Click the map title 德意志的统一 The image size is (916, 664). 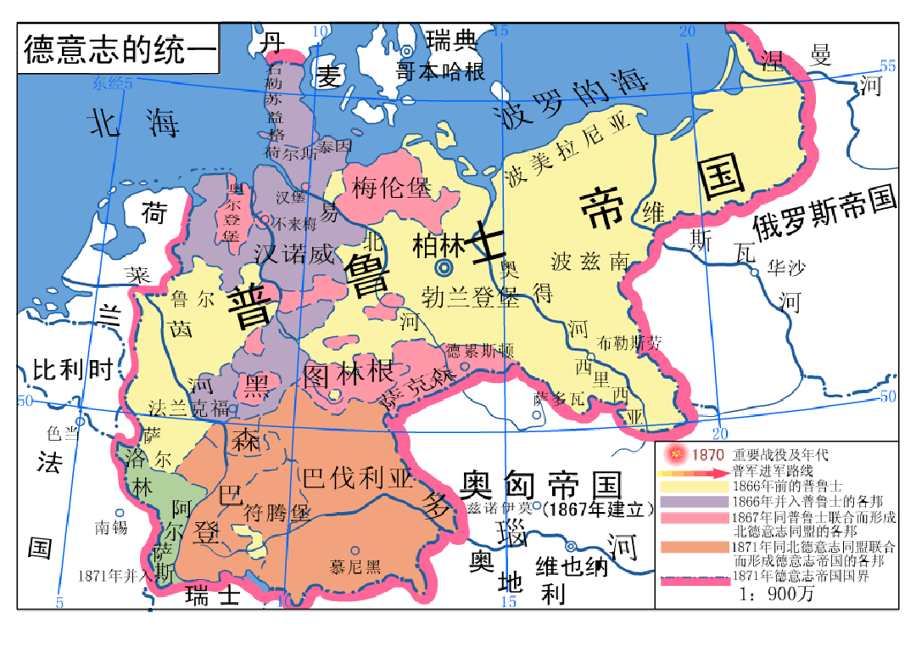pyautogui.click(x=120, y=49)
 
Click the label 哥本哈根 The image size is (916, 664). pyautogui.click(x=441, y=71)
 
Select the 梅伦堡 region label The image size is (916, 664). pyautogui.click(x=392, y=187)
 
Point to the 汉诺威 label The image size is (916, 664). pyautogui.click(x=295, y=252)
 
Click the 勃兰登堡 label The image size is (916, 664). pyautogui.click(x=470, y=296)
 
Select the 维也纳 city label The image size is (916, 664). pyautogui.click(x=572, y=566)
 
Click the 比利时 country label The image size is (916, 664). pyautogui.click(x=72, y=370)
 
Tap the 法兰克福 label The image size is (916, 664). pyautogui.click(x=187, y=408)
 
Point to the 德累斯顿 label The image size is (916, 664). pyautogui.click(x=479, y=350)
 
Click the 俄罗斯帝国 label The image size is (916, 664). pyautogui.click(x=824, y=213)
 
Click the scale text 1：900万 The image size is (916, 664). pyautogui.click(x=778, y=594)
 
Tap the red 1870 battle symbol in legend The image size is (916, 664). pyautogui.click(x=676, y=455)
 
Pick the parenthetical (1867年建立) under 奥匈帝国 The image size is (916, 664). pyautogui.click(x=598, y=509)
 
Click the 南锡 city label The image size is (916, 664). pyautogui.click(x=112, y=527)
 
